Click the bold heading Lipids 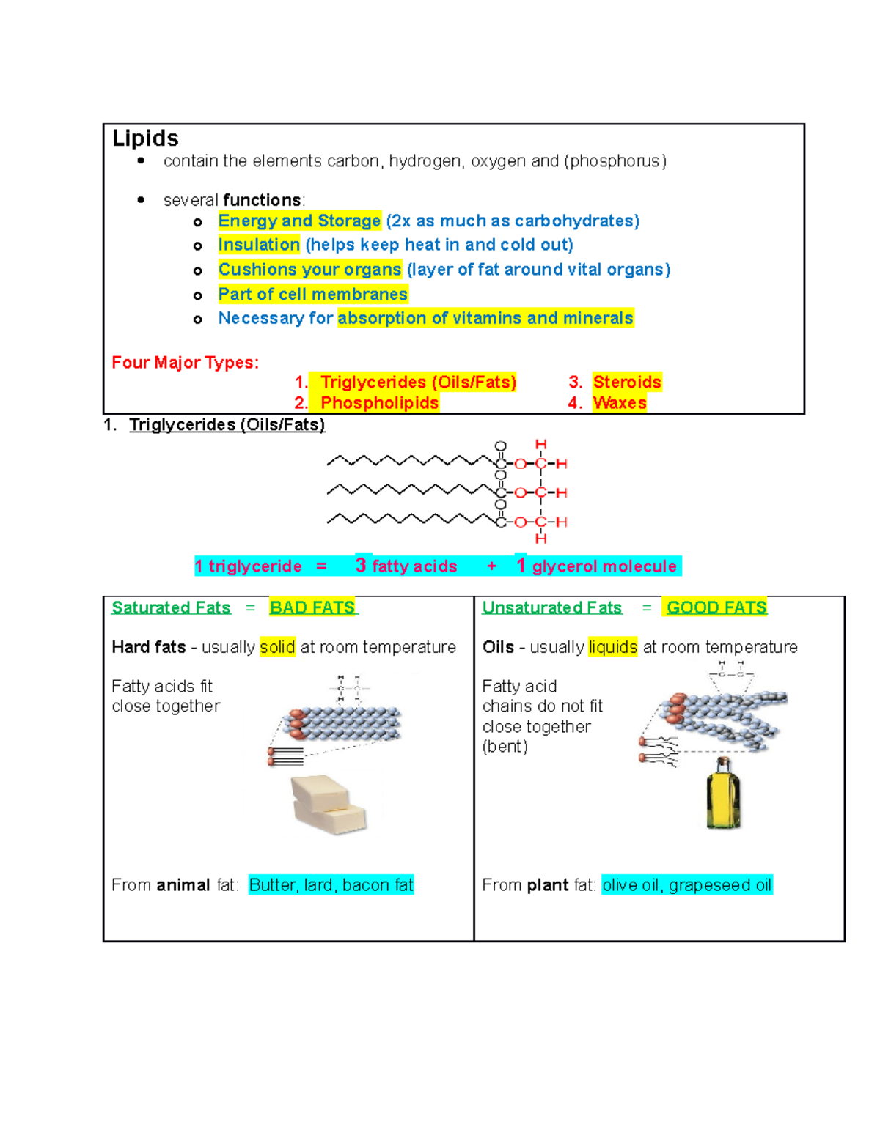145,138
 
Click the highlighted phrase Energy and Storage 299,221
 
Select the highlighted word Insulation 259,245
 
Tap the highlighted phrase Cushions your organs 309,270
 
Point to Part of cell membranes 312,295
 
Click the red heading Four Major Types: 185,363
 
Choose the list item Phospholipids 379,403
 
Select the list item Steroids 627,383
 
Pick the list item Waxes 620,403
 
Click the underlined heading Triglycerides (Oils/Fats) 227,425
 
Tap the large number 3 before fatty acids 361,565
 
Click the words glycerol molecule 604,566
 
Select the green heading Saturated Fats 171,608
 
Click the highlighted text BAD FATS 312,608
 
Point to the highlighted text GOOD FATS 716,608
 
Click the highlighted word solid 277,648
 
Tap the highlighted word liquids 612,648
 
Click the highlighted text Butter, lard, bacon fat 331,885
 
